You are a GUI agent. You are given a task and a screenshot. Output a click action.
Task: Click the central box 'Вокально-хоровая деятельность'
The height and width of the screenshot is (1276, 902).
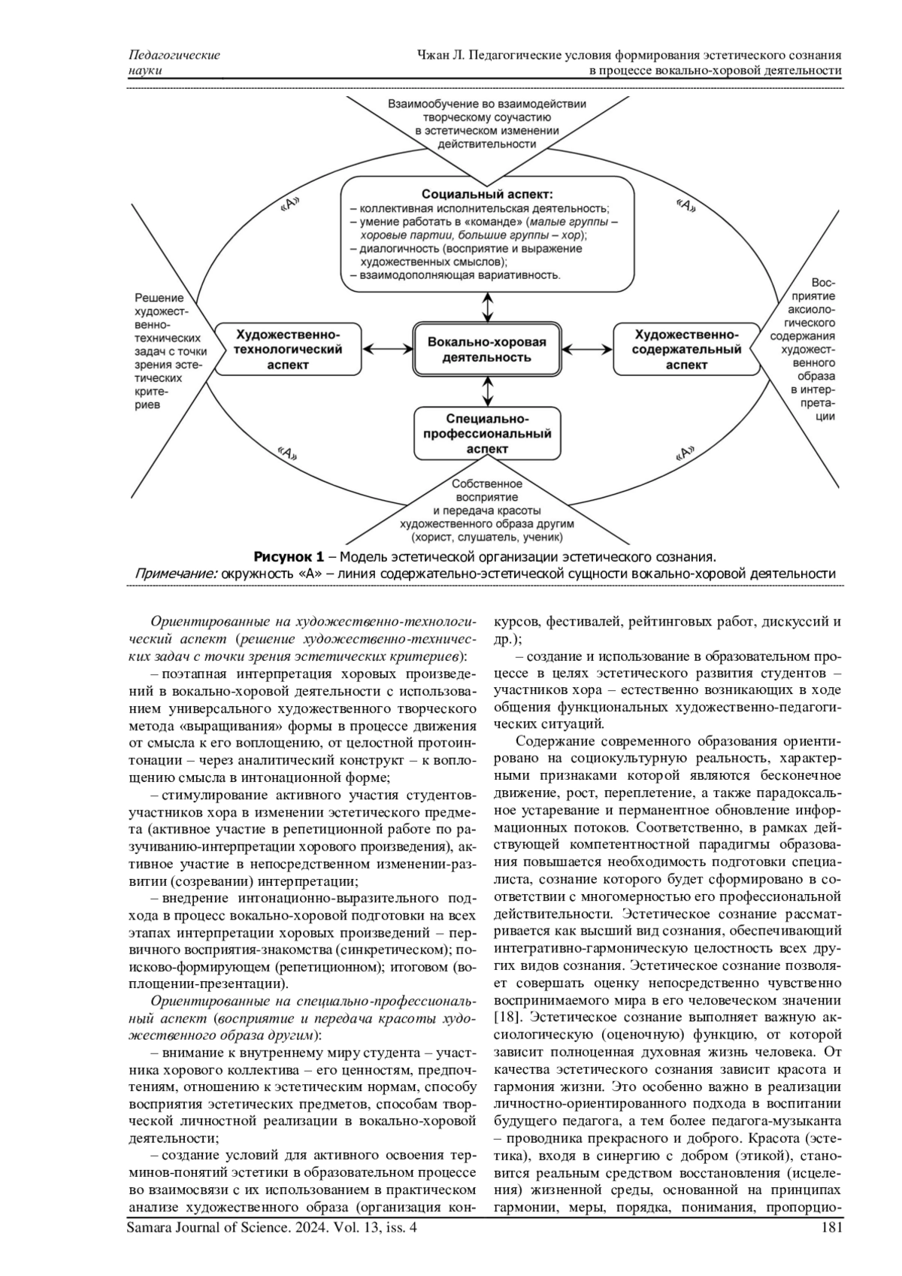486,349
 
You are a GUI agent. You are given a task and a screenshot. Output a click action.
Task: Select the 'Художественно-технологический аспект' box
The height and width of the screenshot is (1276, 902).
288,349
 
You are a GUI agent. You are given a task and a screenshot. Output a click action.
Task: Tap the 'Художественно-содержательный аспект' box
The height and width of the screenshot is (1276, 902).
686,349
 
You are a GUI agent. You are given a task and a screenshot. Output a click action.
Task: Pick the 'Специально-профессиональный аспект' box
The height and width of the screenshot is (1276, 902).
487,433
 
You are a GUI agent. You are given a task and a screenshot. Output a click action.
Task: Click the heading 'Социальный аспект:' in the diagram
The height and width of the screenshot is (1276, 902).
487,194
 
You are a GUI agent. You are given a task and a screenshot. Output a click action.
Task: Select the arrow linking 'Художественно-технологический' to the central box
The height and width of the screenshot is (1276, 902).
387,349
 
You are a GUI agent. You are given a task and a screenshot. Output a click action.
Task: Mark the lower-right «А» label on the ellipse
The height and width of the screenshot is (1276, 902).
686,453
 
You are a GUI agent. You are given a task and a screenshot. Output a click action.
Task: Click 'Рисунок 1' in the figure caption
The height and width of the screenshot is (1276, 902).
289,557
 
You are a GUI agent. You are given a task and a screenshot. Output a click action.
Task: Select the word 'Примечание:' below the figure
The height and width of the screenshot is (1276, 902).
176,574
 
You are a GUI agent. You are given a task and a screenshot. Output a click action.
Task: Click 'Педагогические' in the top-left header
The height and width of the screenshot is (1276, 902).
175,55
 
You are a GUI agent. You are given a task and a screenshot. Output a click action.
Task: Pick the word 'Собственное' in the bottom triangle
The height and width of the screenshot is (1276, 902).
487,484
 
